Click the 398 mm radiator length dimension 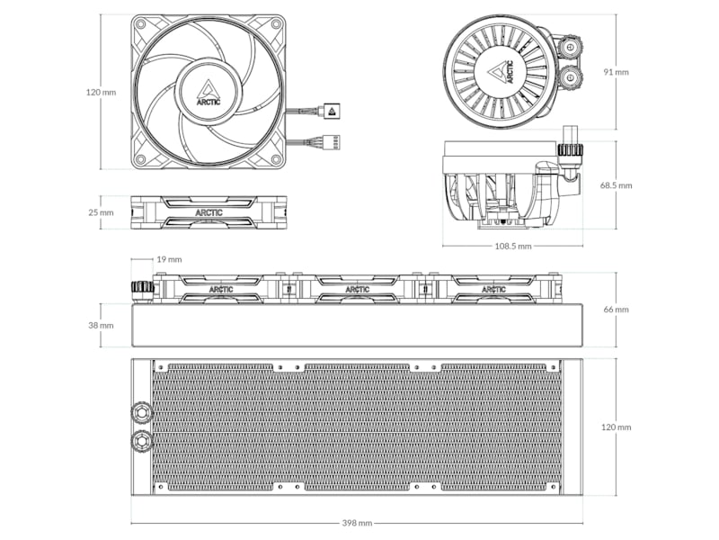[357, 523]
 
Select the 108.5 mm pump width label [512, 246]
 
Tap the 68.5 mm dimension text [616, 185]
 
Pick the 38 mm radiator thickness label [101, 325]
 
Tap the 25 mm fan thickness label [101, 212]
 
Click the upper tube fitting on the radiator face [142, 413]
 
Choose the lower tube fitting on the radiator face [142, 441]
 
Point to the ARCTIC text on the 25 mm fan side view [208, 212]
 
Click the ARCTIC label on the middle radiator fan [357, 290]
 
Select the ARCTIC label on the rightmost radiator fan [493, 290]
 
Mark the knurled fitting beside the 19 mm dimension [142, 289]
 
